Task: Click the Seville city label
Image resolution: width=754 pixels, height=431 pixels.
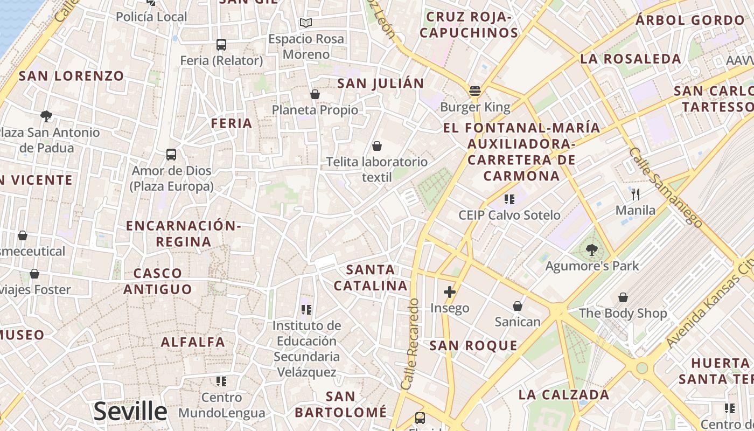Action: click(130, 412)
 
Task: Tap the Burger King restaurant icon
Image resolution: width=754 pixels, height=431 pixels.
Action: click(474, 91)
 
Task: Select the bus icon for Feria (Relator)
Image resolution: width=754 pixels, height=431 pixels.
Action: click(221, 45)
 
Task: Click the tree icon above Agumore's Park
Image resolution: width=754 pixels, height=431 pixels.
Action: click(591, 249)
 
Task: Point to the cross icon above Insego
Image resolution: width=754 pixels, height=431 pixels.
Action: click(449, 292)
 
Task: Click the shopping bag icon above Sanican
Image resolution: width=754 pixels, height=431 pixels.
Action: click(517, 306)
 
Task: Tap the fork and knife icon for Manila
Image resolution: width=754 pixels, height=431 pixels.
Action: click(636, 194)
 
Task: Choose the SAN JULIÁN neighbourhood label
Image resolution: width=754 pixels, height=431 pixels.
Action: click(380, 84)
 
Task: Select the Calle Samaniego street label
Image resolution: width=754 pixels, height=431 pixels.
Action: click(666, 187)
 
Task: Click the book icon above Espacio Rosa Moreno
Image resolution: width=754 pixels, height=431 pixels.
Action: click(306, 23)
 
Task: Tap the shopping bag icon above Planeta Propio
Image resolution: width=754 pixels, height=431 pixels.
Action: click(315, 95)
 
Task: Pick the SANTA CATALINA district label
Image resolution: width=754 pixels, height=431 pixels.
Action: click(371, 277)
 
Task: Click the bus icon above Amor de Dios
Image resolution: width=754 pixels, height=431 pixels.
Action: click(171, 155)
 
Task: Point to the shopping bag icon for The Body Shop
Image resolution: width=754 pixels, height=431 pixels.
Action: click(623, 297)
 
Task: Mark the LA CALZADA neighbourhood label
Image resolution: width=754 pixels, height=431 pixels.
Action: click(564, 394)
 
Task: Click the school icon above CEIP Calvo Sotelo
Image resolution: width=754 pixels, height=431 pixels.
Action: click(509, 199)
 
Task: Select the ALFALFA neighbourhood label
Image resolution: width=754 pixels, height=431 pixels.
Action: click(193, 342)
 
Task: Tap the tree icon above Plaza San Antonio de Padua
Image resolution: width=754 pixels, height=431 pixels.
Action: click(46, 116)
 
